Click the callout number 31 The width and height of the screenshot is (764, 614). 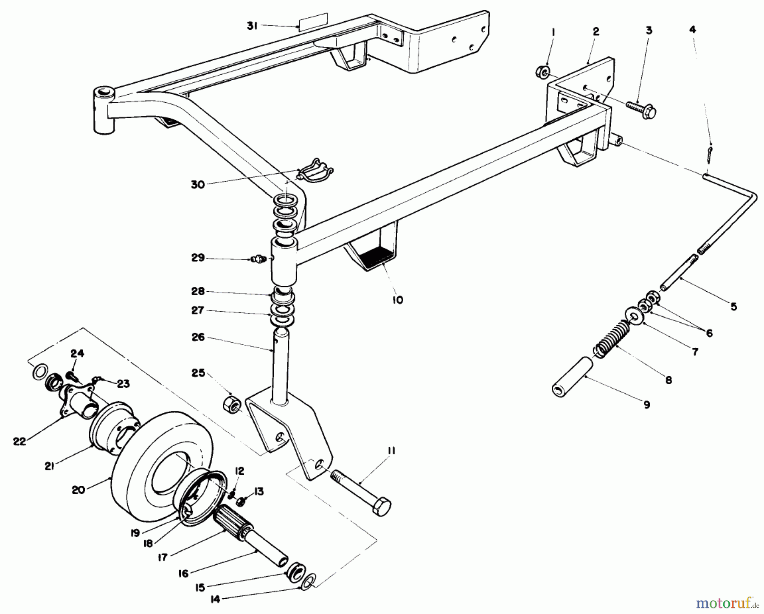point(253,25)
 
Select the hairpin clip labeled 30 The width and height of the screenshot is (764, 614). point(316,171)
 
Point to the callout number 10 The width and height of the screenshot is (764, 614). point(398,300)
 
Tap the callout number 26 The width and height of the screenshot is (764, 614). point(198,337)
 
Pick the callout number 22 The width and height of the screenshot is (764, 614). point(20,442)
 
